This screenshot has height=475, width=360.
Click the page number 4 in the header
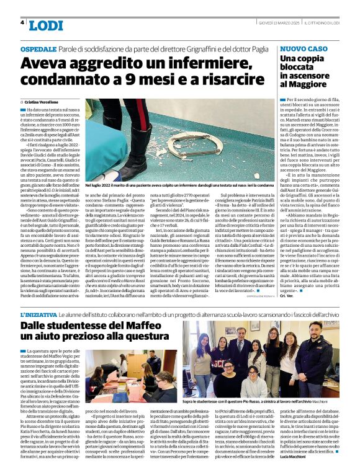[x=22, y=22]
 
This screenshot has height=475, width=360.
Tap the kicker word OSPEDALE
[x=38, y=48]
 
